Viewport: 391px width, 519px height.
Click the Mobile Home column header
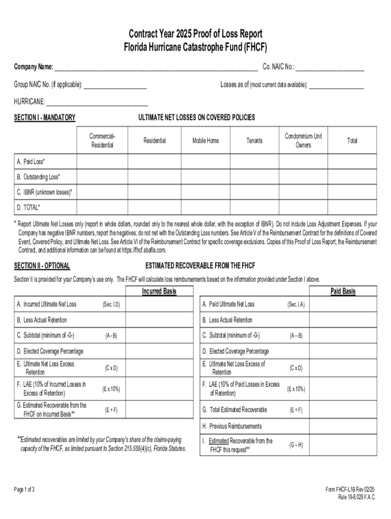tap(206, 140)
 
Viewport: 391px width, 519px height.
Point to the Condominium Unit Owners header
tap(303, 140)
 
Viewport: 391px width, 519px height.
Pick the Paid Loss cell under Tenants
tap(254, 161)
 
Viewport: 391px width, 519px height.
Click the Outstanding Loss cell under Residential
tap(154, 177)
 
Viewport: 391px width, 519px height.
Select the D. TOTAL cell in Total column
tap(352, 208)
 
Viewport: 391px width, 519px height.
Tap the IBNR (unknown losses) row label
tap(44, 192)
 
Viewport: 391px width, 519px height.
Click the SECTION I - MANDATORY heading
tap(45, 118)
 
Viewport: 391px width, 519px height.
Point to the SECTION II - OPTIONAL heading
tap(42, 266)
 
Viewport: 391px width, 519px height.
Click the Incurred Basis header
tap(159, 291)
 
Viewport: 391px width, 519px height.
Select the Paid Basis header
tap(343, 291)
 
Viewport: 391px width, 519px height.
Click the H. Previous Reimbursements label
tap(232, 426)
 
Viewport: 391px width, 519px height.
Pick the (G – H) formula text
tap(296, 445)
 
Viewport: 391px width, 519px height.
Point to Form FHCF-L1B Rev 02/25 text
tap(350, 489)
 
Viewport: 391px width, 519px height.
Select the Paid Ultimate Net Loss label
tap(228, 304)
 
